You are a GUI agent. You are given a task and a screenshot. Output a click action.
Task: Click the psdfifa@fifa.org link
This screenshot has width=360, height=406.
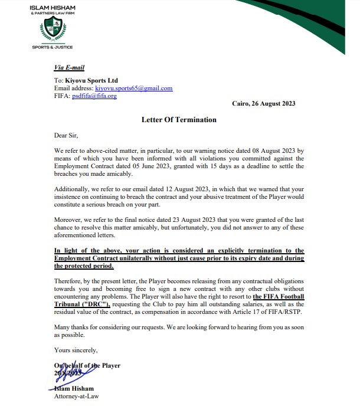click(x=94, y=96)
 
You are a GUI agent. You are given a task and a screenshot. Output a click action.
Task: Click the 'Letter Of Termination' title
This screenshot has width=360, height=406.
click(x=179, y=120)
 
